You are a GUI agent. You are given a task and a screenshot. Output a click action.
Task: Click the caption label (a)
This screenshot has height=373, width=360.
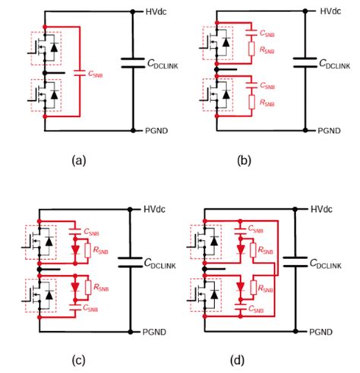pyautogui.click(x=77, y=161)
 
